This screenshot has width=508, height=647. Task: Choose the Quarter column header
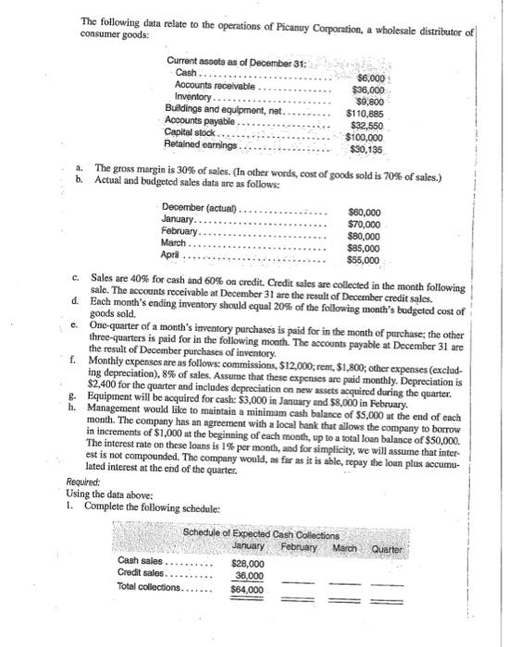[x=393, y=544]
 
